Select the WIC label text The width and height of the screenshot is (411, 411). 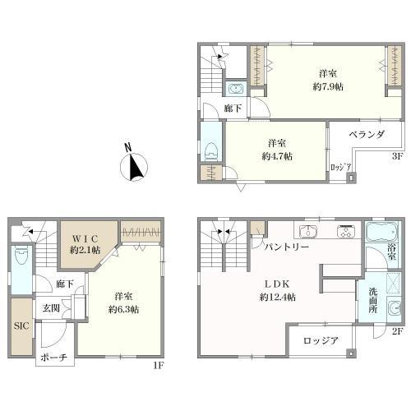tap(85, 238)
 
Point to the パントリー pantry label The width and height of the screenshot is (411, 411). tap(286, 246)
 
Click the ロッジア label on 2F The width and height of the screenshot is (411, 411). tap(321, 340)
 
